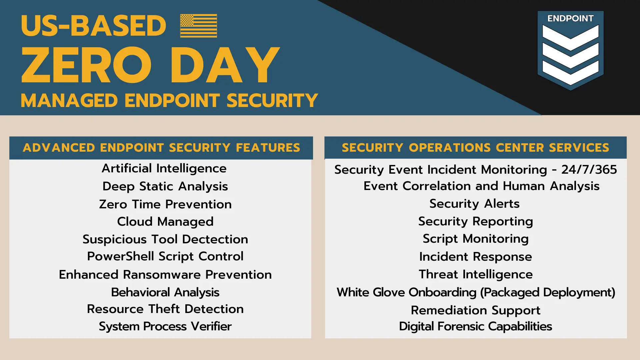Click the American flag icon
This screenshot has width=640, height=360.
pos(198,26)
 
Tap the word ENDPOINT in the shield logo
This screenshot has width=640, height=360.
pos(570,18)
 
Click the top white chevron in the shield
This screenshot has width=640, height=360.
pos(570,37)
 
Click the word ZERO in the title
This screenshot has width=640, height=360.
pos(86,65)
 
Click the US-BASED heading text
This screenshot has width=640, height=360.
pos(93,26)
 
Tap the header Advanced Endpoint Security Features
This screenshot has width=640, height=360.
pos(161,148)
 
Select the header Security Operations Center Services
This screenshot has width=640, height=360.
pos(476,148)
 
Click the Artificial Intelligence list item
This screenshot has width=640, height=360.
pos(164,169)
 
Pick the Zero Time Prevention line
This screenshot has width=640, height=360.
pos(165,204)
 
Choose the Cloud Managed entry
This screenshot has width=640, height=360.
pos(165,222)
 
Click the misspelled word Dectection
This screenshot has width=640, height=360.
pos(215,239)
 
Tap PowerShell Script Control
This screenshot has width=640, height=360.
pos(165,257)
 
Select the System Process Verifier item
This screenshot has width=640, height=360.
pos(165,327)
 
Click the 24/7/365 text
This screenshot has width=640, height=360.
pos(589,170)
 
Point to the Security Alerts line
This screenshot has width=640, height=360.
pos(475,204)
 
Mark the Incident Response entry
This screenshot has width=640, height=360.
pos(476,257)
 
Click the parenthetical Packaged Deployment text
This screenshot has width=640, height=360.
pos(548,293)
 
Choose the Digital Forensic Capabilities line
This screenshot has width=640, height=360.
pos(476,327)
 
